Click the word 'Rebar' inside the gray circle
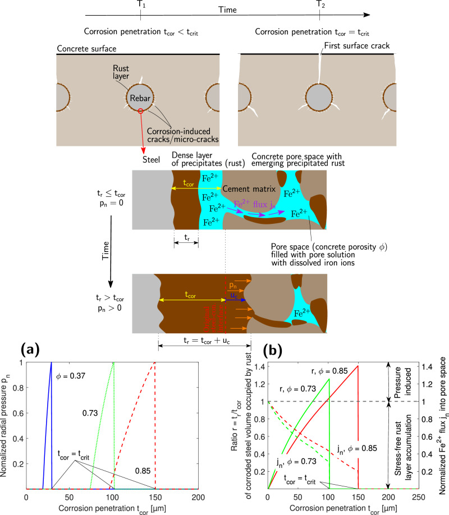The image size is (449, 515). (x=138, y=98)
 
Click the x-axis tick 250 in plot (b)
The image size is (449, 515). (x=418, y=498)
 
